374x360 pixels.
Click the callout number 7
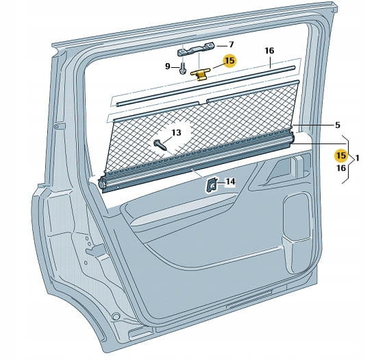[231, 45]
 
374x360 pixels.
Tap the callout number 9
[168, 66]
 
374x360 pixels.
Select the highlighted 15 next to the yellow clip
[229, 60]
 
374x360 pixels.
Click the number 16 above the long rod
[269, 51]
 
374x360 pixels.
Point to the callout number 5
[337, 125]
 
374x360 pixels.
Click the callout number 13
[176, 132]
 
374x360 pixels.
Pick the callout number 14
[230, 182]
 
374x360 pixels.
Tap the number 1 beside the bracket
[357, 158]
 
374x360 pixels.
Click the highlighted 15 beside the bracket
[341, 156]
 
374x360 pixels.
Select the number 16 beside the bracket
[341, 168]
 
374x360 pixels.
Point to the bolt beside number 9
[182, 69]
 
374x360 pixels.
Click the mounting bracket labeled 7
[197, 49]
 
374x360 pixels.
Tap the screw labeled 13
[160, 145]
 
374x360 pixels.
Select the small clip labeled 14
[212, 185]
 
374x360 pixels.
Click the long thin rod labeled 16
[206, 86]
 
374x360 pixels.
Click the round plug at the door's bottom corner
[116, 317]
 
